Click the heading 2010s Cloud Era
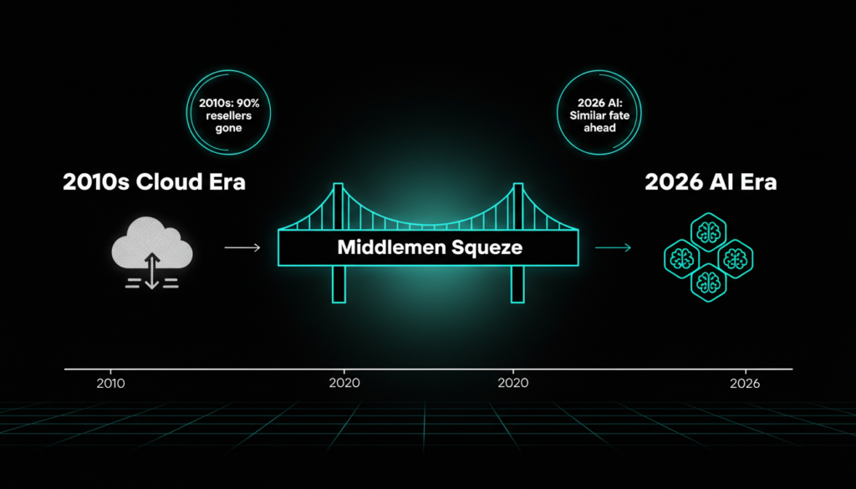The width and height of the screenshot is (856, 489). [154, 181]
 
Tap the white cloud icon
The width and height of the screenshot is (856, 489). [152, 243]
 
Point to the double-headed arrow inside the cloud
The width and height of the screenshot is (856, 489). [152, 271]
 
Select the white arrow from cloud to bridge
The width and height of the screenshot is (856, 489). [242, 247]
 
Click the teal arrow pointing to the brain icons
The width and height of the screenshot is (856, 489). [613, 247]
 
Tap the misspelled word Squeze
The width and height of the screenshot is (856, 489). [487, 248]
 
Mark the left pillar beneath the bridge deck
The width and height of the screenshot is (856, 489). [339, 284]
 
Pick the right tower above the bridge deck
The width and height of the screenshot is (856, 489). [517, 206]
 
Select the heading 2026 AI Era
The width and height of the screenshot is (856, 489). [711, 181]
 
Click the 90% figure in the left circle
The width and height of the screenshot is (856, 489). [247, 103]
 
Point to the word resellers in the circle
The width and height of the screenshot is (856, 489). [229, 115]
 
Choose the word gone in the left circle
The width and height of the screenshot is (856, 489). [228, 129]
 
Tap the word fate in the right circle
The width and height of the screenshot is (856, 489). [618, 115]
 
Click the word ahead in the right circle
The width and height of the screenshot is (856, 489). [599, 128]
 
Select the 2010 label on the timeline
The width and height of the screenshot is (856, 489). [111, 384]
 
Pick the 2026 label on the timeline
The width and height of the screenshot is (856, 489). [745, 384]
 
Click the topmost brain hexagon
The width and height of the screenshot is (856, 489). [709, 232]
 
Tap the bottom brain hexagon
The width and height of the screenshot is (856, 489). [709, 283]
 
